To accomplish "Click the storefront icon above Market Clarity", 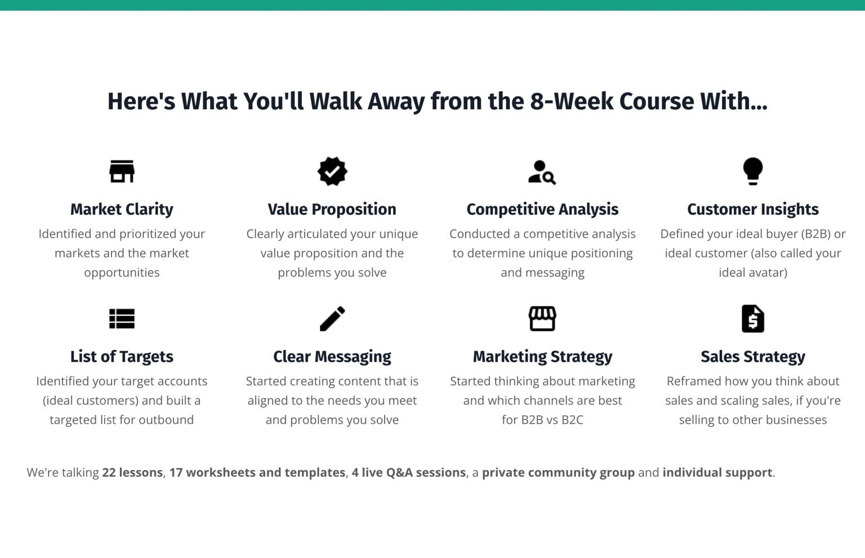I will click(122, 171).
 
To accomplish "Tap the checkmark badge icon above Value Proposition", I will click(332, 171).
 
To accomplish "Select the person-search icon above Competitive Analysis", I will click(542, 172).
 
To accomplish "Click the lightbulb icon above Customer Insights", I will click(752, 171).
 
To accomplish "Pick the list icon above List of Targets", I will click(122, 318).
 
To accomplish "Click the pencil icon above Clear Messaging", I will click(332, 318).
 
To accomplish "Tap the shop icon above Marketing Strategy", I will click(542, 318).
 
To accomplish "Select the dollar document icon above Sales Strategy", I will click(752, 318).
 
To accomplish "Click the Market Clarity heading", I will click(122, 209).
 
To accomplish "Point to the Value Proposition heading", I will click(332, 209).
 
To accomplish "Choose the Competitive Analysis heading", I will click(542, 209).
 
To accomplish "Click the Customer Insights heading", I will click(752, 209).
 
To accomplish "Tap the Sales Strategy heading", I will click(752, 357).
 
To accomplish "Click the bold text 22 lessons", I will click(132, 472).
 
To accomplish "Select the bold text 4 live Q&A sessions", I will click(409, 472).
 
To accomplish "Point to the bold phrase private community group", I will click(558, 472).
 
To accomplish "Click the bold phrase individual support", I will click(717, 472).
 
